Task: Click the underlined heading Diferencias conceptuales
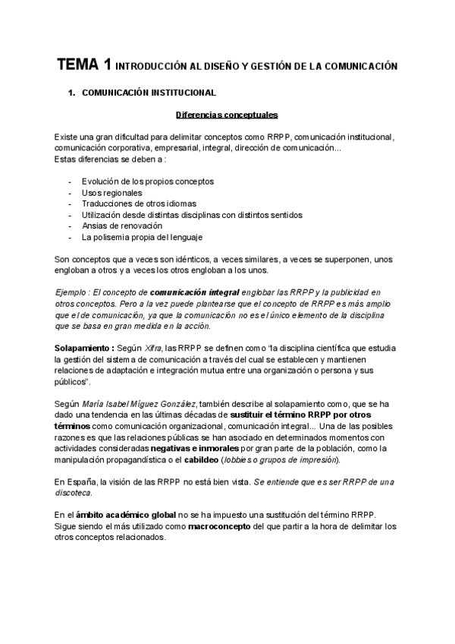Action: tap(227, 115)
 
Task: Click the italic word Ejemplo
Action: tap(74, 292)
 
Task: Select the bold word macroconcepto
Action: tap(219, 526)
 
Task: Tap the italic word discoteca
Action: tap(76, 493)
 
